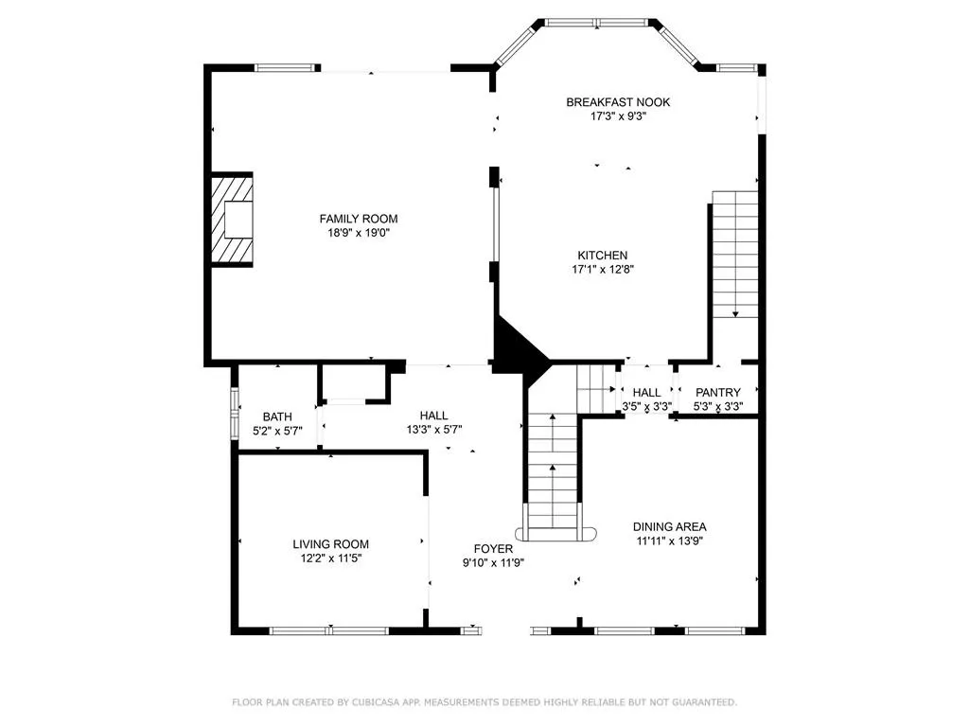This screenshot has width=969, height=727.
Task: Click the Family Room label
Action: (x=359, y=219)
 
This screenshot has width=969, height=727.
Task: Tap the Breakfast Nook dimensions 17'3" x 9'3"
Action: (x=618, y=116)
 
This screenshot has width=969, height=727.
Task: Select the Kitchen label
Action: (x=603, y=256)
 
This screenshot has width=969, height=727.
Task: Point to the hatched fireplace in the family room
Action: (x=233, y=220)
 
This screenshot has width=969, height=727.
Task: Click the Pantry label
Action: (x=717, y=393)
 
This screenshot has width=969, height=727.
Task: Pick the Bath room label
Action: (x=277, y=417)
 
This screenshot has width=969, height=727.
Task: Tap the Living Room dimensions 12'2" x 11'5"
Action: (x=330, y=559)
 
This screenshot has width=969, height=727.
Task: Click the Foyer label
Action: (x=493, y=549)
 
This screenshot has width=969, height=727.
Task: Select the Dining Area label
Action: (x=669, y=527)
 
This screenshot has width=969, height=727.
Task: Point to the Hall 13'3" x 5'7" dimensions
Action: (x=433, y=430)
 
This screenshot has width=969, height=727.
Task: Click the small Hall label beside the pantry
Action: (x=646, y=393)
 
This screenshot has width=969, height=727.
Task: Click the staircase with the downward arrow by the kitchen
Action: (x=734, y=254)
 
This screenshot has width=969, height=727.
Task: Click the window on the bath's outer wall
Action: (x=235, y=413)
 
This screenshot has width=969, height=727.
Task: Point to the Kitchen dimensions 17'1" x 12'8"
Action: (x=603, y=270)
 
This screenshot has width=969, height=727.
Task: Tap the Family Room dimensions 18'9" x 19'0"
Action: (x=359, y=233)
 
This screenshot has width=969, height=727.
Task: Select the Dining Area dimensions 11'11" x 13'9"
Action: (x=669, y=541)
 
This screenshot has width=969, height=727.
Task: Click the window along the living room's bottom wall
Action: (x=329, y=630)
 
